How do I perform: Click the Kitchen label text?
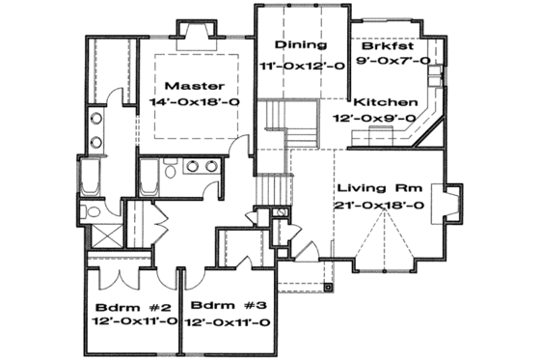386,102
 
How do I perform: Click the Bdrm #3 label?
226,306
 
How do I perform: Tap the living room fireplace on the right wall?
450,204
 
